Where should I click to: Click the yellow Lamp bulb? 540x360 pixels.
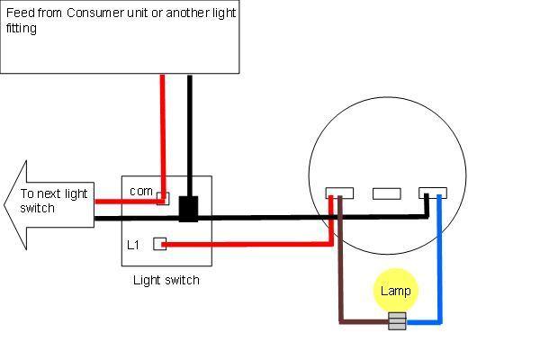(396, 290)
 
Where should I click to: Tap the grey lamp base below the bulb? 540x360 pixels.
(397, 321)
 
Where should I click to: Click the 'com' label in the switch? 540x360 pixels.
(141, 191)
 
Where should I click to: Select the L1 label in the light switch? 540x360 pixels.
(133, 245)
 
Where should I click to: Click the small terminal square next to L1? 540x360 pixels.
(160, 244)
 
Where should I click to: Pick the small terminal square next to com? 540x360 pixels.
(163, 198)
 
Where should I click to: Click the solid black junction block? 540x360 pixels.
(188, 209)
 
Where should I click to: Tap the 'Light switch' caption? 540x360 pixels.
(166, 280)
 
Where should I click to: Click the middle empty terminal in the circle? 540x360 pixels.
(387, 193)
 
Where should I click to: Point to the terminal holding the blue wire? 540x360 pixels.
(433, 193)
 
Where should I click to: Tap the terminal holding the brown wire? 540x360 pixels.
(339, 193)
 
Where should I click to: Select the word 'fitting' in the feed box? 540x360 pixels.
(22, 28)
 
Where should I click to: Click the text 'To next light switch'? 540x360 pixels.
(54, 201)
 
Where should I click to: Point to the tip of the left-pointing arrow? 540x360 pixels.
(4, 204)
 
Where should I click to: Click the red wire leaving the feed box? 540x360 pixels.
(163, 138)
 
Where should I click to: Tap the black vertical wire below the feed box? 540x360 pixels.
(190, 136)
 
